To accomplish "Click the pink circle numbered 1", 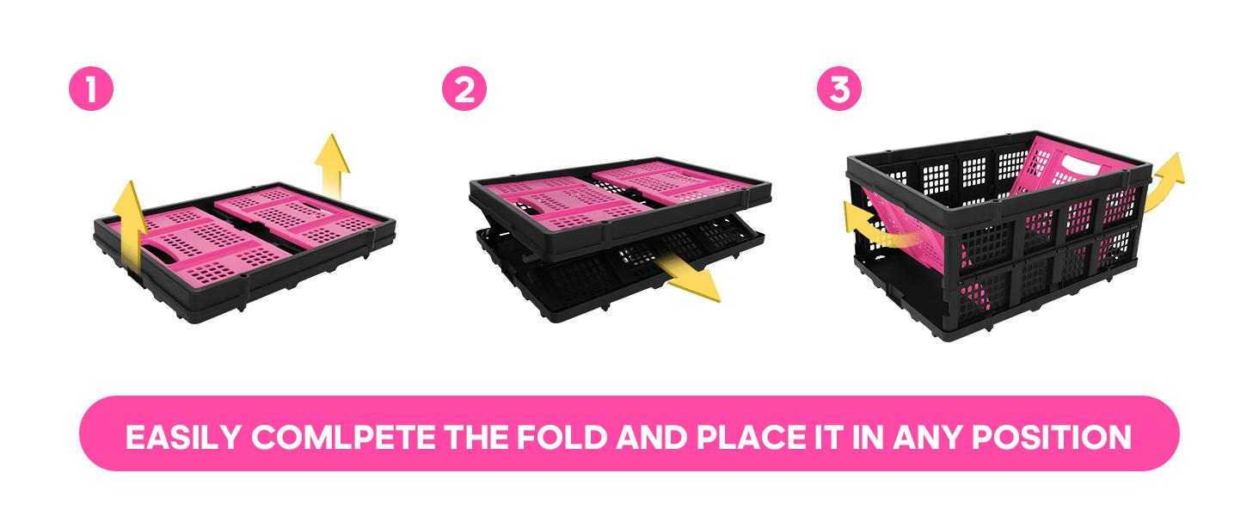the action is (91, 89).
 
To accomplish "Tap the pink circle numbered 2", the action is (464, 89).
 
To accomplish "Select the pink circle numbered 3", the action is (839, 89).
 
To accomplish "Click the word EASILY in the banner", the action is (183, 437).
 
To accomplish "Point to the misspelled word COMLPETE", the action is (343, 437).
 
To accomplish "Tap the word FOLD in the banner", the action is (562, 437).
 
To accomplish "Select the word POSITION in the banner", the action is (1052, 437).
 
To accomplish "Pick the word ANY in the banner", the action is (927, 437).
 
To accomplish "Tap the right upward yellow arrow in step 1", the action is (332, 166).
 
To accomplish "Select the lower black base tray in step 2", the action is (618, 270).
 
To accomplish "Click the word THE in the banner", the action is (476, 437).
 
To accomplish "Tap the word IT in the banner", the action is (829, 437).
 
